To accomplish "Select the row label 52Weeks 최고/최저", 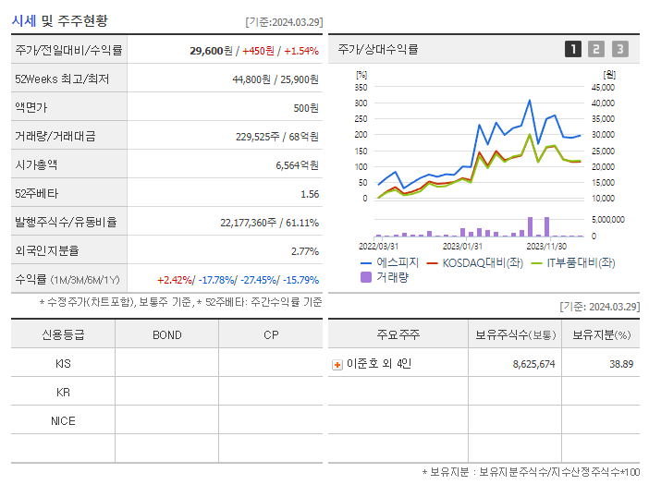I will pos(62,79).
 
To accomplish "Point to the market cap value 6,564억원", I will pos(297,165).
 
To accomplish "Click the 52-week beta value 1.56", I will pos(309,194).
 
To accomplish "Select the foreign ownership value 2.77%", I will pos(304,251).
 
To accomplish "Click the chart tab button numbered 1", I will pos(573,49).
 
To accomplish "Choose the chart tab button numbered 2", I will pos(596,49).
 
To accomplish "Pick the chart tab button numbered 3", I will pos(619,49).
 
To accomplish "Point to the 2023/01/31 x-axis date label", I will pos(462,246).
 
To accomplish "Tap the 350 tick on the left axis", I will pos(361,87).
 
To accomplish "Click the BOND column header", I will pos(166,334).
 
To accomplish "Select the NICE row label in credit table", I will pos(63,420).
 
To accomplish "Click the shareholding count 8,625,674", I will pos(533,364).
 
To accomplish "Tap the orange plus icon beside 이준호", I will pos(337,365).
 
